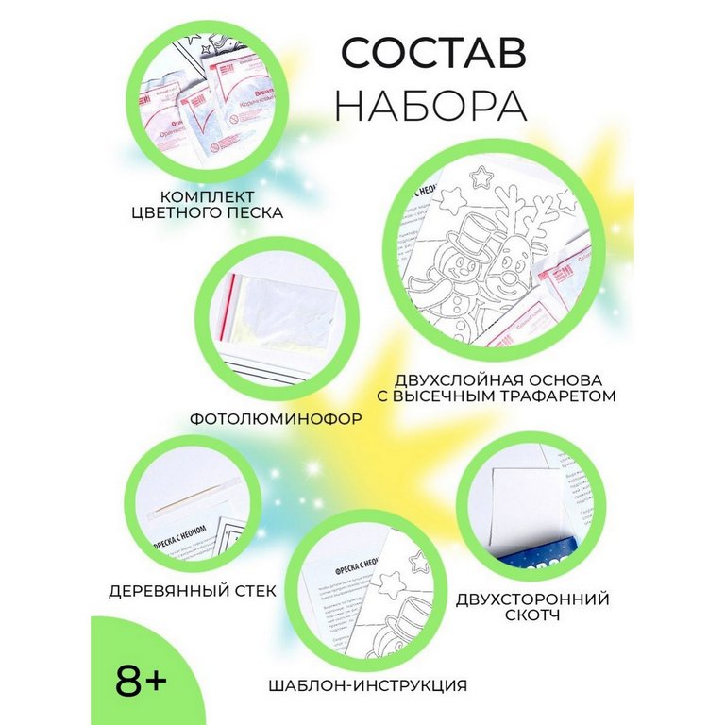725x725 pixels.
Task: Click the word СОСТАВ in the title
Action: [432, 54]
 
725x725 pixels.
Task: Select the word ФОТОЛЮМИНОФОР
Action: [272, 415]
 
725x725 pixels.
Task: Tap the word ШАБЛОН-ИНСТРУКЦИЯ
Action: [366, 685]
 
